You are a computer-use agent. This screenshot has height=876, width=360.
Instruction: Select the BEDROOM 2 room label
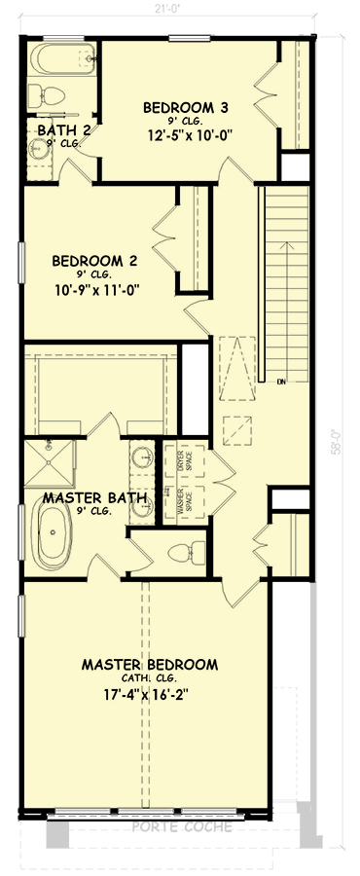tap(93, 261)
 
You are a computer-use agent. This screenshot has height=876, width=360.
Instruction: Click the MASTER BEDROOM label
tap(149, 665)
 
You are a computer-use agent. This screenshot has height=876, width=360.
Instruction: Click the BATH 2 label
tap(64, 129)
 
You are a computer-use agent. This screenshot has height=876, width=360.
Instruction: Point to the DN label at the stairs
tap(280, 380)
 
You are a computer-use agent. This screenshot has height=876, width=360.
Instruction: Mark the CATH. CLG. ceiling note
tap(149, 679)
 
